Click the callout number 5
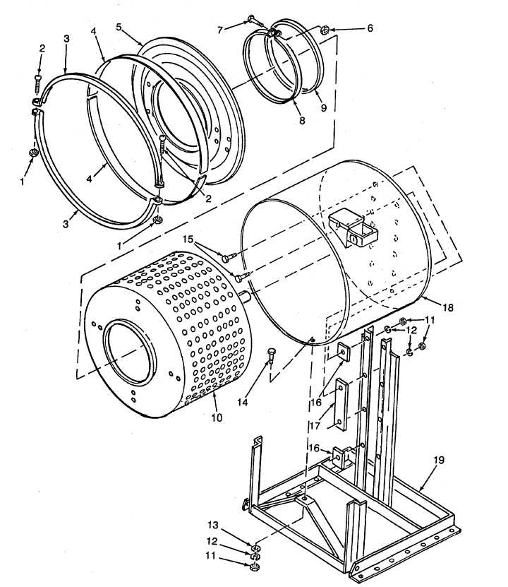[x=119, y=27]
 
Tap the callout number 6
[x=370, y=28]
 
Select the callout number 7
[x=221, y=30]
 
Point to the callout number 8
[x=302, y=120]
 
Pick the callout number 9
[x=324, y=108]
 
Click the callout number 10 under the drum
[x=217, y=417]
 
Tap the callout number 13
[x=212, y=526]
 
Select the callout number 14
[x=243, y=403]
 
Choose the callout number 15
[x=188, y=239]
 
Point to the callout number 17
[x=315, y=426]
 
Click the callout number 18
[x=448, y=307]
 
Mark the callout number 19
[x=439, y=460]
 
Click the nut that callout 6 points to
[x=325, y=28]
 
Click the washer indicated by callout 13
[x=255, y=548]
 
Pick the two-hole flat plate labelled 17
[x=342, y=405]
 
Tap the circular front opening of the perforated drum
[x=129, y=352]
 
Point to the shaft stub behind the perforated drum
[x=247, y=297]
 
